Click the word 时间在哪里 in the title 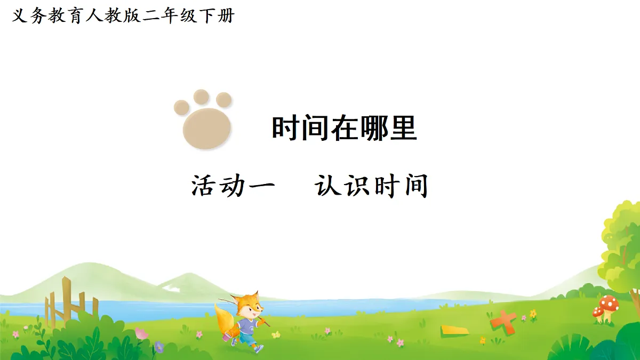[344, 129]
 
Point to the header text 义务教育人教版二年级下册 [123, 16]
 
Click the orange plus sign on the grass [503, 320]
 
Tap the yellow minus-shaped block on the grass [454, 330]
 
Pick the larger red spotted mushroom [610, 306]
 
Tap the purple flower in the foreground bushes [158, 346]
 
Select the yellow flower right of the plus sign [533, 314]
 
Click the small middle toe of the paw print [201, 97]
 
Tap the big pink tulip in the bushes [141, 334]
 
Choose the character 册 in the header [226, 16]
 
